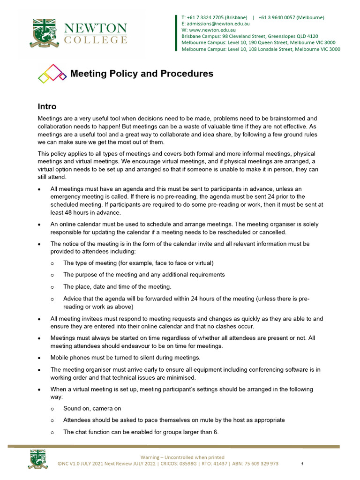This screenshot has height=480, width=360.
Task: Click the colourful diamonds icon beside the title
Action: coord(52,74)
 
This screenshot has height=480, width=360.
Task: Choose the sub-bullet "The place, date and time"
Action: coord(117,286)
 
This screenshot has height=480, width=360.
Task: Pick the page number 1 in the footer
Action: coord(302,464)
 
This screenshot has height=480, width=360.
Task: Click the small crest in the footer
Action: coord(37,459)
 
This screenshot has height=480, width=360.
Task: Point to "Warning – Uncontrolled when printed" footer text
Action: coord(182,457)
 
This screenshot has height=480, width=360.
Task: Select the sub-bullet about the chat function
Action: coord(141,432)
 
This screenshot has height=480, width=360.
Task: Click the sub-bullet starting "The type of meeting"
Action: coord(138,263)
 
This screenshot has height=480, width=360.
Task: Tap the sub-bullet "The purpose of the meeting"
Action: coord(144,275)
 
